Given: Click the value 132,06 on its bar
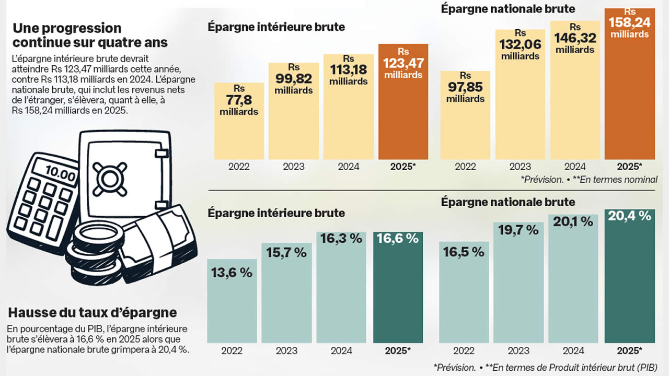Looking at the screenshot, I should point(520,45).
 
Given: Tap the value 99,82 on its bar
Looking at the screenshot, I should point(294,79).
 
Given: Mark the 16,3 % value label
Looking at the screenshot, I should point(341,239).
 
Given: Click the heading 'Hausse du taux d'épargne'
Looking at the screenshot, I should point(93,313).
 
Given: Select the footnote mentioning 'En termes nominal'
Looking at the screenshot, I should point(589,180).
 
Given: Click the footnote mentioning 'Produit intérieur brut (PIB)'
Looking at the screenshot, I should point(545,367).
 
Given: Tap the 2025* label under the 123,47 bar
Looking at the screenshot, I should point(403,167).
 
